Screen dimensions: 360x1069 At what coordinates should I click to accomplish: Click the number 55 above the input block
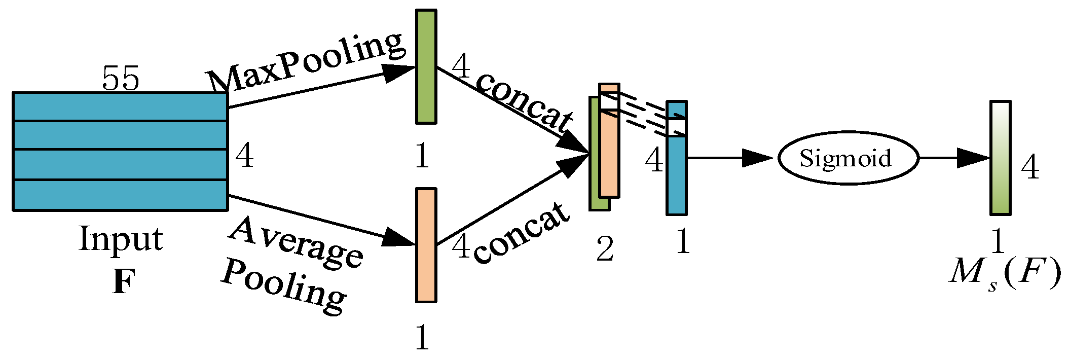click(120, 79)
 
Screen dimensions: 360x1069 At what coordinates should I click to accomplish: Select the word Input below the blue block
click(121, 239)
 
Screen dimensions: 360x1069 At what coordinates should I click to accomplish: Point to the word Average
click(297, 242)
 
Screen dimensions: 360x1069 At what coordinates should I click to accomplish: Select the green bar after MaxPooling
click(426, 66)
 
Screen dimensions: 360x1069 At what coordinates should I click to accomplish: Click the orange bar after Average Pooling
click(426, 245)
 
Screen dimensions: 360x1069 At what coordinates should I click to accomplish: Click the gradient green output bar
click(1000, 158)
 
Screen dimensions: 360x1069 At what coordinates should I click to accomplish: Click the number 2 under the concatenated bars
click(604, 249)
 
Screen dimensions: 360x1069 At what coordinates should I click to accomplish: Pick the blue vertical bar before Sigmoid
click(676, 172)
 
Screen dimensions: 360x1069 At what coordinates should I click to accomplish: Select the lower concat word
click(522, 233)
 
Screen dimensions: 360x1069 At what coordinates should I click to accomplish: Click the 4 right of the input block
click(244, 156)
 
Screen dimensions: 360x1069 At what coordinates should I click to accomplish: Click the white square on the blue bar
click(676, 127)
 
